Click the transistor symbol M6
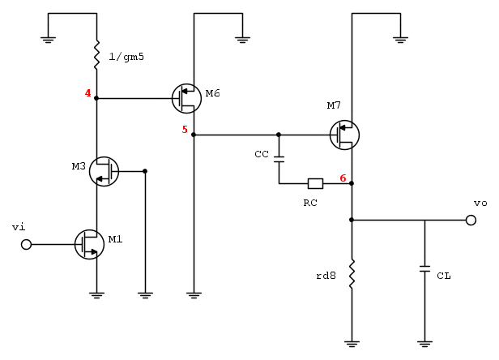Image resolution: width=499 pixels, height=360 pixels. pyautogui.click(x=186, y=98)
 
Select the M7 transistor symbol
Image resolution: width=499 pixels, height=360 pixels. pyautogui.click(x=344, y=135)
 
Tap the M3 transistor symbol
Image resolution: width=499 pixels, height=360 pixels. pyautogui.click(x=104, y=171)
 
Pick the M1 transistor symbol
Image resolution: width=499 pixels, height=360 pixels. pyautogui.click(x=89, y=244)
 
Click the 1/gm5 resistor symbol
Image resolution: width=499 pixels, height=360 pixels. pyautogui.click(x=96, y=56)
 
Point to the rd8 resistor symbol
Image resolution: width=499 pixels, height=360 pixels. pyautogui.click(x=352, y=274)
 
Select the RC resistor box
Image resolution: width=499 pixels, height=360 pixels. pyautogui.click(x=315, y=183)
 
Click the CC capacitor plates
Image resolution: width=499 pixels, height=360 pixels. pyautogui.click(x=279, y=159)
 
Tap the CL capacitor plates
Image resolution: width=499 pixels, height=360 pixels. pyautogui.click(x=424, y=268)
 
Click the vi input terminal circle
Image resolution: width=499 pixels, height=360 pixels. pyautogui.click(x=26, y=244)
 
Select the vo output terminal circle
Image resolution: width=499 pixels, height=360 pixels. pyautogui.click(x=471, y=220)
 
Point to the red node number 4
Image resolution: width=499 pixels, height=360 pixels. pyautogui.click(x=87, y=93)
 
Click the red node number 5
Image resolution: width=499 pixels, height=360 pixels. pyautogui.click(x=185, y=130)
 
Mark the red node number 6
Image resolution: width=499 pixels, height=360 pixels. pyautogui.click(x=343, y=178)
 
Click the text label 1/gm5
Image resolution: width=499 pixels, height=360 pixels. pyautogui.click(x=126, y=57)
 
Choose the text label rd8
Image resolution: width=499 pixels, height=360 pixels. pyautogui.click(x=326, y=276)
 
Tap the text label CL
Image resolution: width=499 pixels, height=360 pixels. pyautogui.click(x=444, y=276)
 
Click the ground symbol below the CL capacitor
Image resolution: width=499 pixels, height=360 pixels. pyautogui.click(x=424, y=344)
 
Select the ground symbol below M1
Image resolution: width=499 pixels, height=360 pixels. pyautogui.click(x=96, y=295)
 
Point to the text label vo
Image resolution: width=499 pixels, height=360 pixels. pyautogui.click(x=480, y=203)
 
